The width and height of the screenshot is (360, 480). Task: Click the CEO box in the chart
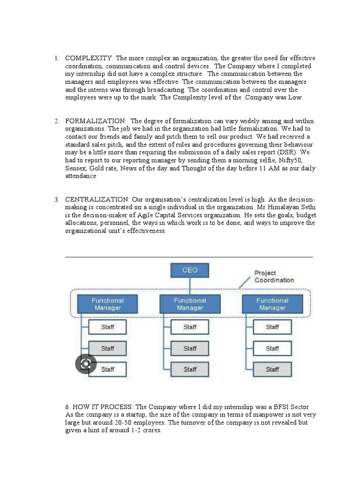pyautogui.click(x=190, y=270)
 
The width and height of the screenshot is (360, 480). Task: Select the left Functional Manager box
pyautogui.click(x=107, y=304)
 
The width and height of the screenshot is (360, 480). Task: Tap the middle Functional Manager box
pyautogui.click(x=190, y=304)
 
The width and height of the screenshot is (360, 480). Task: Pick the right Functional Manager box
pyautogui.click(x=272, y=304)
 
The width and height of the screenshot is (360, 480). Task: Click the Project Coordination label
pyautogui.click(x=274, y=277)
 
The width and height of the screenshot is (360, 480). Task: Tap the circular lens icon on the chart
pyautogui.click(x=86, y=364)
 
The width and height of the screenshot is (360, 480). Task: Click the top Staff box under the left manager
pyautogui.click(x=107, y=327)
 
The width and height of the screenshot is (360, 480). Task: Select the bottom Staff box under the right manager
pyautogui.click(x=272, y=369)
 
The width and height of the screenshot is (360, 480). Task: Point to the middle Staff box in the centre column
pyautogui.click(x=190, y=348)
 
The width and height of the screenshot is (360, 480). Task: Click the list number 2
pyautogui.click(x=56, y=121)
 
